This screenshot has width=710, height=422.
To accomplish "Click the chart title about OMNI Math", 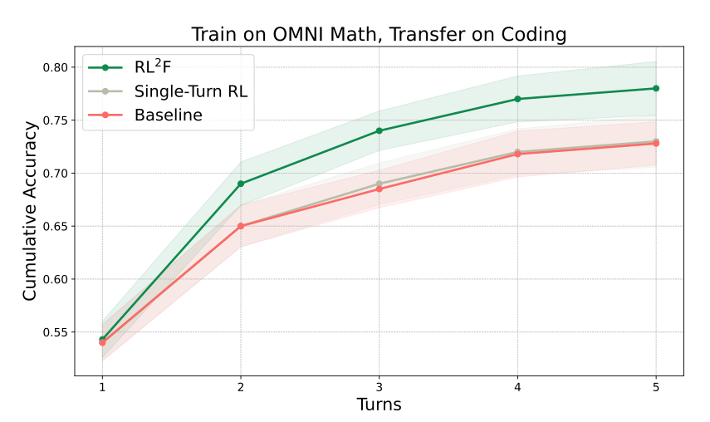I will [379, 34].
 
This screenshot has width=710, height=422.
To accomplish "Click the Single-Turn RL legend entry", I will [190, 91].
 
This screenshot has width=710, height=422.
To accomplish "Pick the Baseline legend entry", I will [168, 115].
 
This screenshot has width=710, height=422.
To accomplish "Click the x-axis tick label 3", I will [379, 388].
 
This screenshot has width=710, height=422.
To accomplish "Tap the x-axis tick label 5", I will [656, 388].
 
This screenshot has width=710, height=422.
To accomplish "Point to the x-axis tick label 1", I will [102, 388].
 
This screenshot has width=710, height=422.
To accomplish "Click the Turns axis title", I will [379, 405].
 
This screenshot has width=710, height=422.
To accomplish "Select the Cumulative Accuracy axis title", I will [30, 211].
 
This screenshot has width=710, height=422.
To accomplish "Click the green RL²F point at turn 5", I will [656, 88].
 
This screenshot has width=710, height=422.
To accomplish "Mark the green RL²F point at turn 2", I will [241, 184].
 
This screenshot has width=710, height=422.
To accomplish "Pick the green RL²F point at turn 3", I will [379, 130].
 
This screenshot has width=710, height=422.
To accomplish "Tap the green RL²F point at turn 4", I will [517, 99].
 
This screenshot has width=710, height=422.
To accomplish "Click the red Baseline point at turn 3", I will [379, 189].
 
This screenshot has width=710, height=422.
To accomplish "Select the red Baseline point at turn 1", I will [102, 342].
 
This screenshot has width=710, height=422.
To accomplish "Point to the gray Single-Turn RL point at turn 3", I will [379, 184].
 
